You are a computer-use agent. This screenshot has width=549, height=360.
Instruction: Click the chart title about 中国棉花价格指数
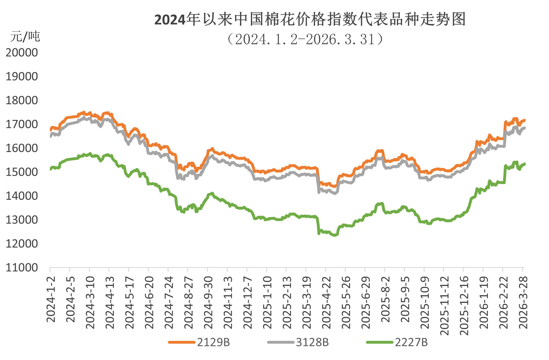(310, 20)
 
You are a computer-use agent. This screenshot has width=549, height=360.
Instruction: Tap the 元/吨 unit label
(25, 37)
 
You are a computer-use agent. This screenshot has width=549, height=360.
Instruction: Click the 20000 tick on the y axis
(22, 53)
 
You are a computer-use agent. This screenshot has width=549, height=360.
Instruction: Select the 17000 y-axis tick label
(22, 124)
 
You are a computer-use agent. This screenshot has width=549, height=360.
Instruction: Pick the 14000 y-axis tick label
(22, 196)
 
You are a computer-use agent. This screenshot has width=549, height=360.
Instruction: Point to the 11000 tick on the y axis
(22, 268)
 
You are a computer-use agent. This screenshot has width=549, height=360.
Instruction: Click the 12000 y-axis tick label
(22, 244)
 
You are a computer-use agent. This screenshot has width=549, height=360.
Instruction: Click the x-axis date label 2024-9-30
(208, 302)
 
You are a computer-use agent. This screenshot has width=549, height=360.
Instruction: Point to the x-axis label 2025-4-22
(326, 302)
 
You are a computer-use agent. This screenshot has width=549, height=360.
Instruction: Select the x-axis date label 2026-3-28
(523, 302)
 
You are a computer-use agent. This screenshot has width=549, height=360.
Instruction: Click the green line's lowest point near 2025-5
(335, 235)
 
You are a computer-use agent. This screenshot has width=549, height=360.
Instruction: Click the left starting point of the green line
(50, 169)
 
